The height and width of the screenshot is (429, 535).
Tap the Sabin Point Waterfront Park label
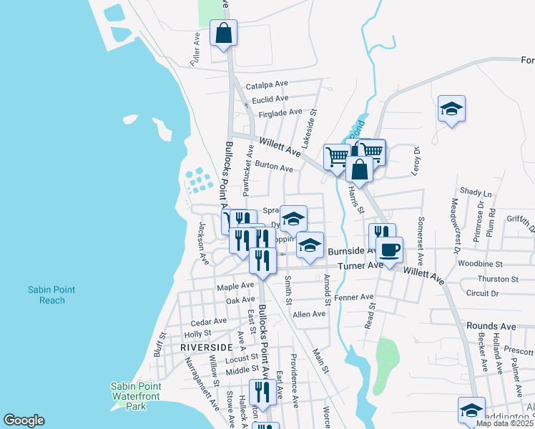pyautogui.click(x=135, y=396)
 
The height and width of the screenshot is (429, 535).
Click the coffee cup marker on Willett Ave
pyautogui.click(x=389, y=251)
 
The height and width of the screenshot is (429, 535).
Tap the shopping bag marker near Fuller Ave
pyautogui.click(x=223, y=34)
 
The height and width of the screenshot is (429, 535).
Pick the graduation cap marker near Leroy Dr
pyautogui.click(x=451, y=109)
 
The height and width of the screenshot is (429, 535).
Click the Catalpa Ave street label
pyautogui.click(x=266, y=86)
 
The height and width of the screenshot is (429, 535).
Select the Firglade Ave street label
pyautogui.click(x=281, y=112)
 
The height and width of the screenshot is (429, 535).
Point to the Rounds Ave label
pyautogui.click(x=491, y=326)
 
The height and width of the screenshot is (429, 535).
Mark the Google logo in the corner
pyautogui.click(x=24, y=420)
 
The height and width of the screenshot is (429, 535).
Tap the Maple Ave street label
pyautogui.click(x=235, y=285)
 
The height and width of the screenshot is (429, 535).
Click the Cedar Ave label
pyautogui.click(x=208, y=322)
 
